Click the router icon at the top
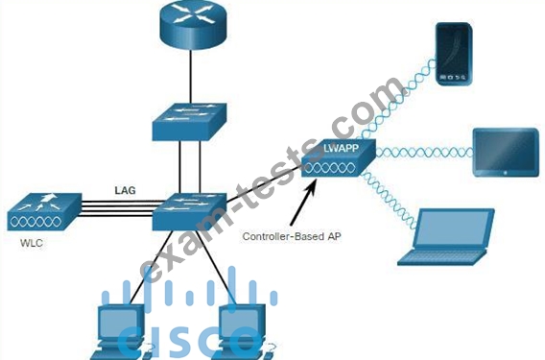coord(193,24)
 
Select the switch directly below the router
coord(189,122)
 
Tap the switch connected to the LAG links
coord(189,211)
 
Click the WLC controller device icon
coord(44,212)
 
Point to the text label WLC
coord(32,243)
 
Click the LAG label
coord(125,190)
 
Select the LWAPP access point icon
coord(339,157)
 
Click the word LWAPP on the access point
coord(341,148)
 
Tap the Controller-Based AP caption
coord(292,236)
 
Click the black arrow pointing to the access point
coord(302,203)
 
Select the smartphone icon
coord(454,54)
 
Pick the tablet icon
coord(506,153)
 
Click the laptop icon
coord(446,237)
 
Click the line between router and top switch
coord(191,77)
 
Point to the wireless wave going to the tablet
coord(424,153)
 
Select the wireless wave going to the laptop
coord(389,200)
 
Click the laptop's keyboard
coord(441,257)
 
